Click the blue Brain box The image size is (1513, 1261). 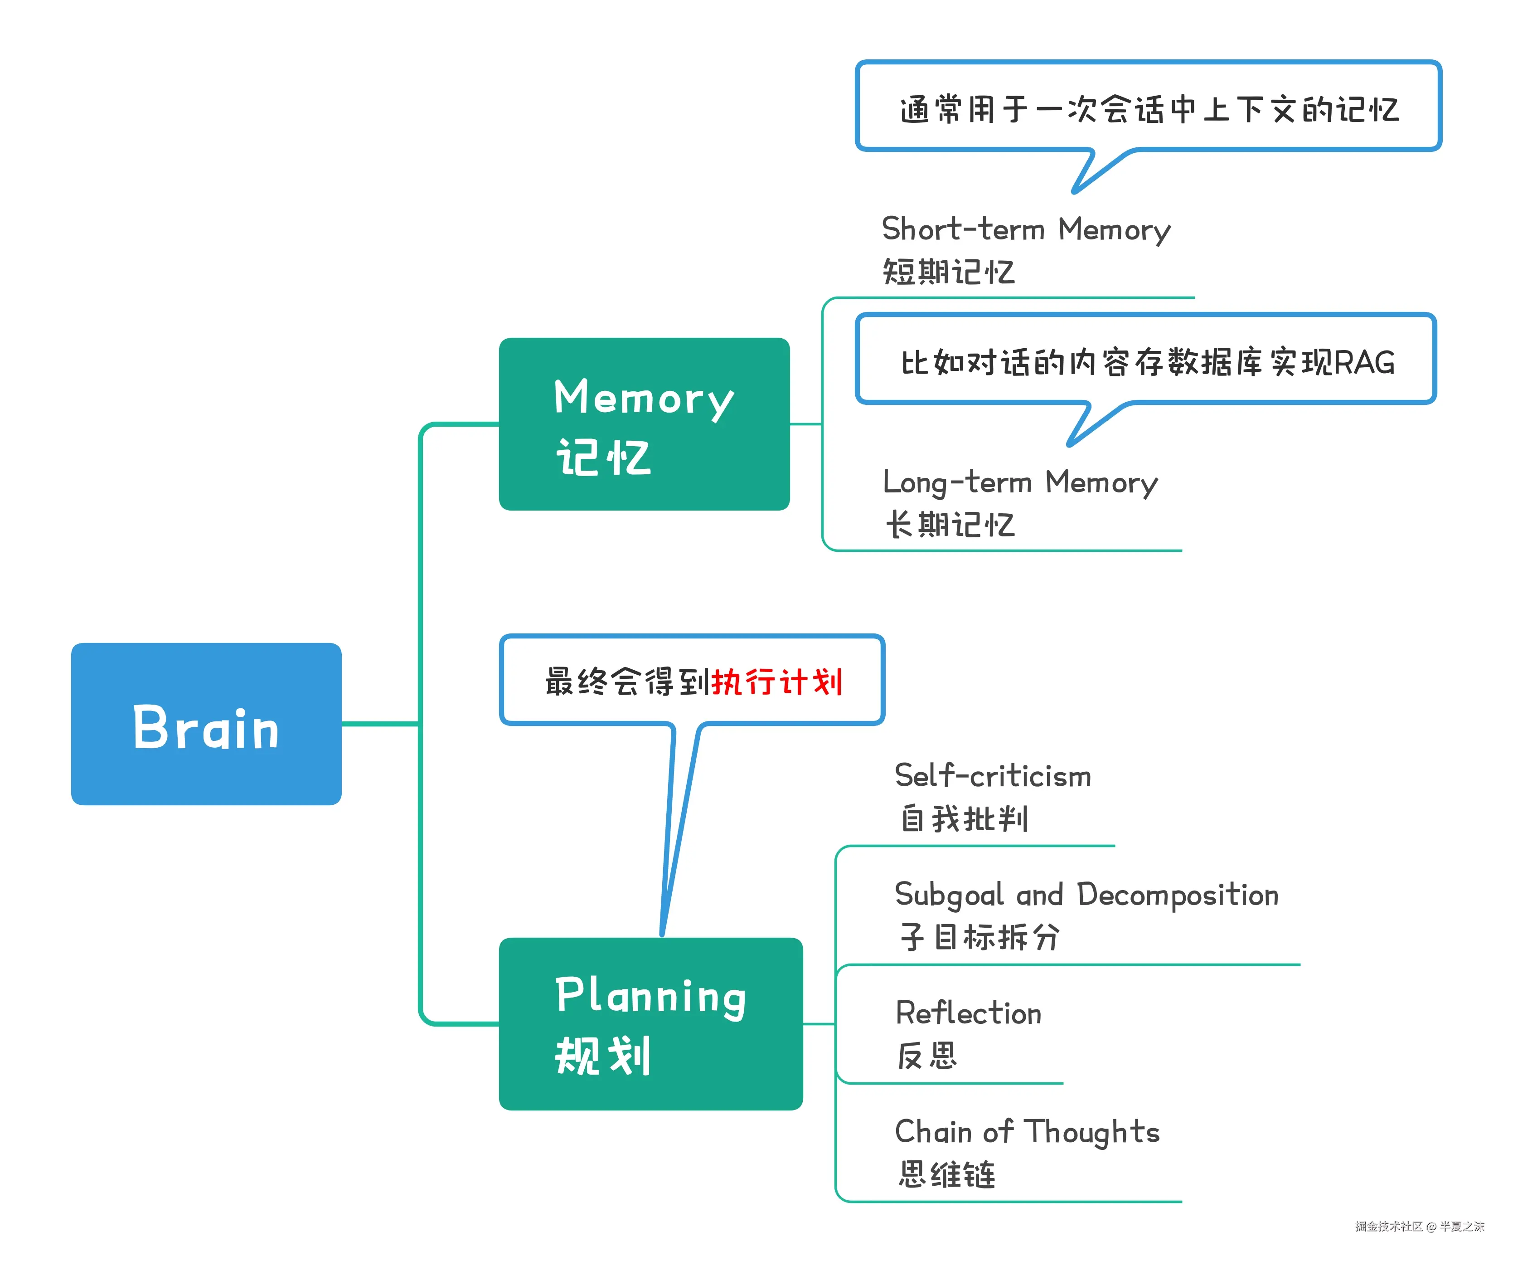click(x=206, y=724)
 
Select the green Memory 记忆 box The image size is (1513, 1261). click(x=644, y=424)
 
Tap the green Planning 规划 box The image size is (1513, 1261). click(x=650, y=1023)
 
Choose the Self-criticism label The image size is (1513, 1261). click(x=993, y=776)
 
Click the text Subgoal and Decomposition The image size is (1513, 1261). click(x=1086, y=895)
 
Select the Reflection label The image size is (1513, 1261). click(x=968, y=1013)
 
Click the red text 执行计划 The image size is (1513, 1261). click(x=777, y=682)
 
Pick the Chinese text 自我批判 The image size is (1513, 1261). click(x=965, y=819)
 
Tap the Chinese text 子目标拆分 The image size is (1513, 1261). click(x=980, y=937)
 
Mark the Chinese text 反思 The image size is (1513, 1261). click(x=927, y=1057)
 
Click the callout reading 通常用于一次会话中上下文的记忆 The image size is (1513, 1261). click(x=1149, y=110)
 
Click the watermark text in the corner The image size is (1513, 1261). click(x=1419, y=1227)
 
